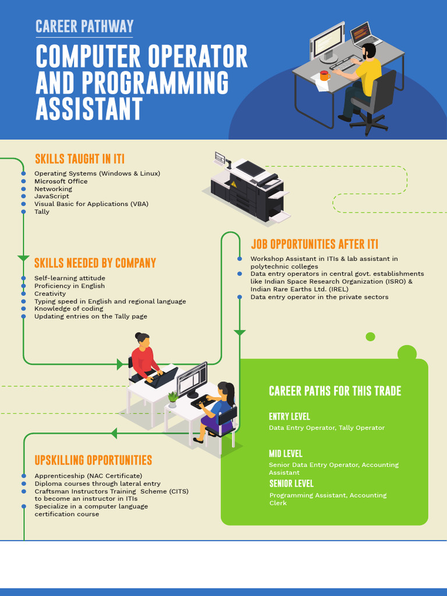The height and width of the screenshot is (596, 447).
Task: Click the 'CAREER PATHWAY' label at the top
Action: (84, 26)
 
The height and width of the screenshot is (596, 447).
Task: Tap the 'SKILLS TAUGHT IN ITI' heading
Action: (80, 159)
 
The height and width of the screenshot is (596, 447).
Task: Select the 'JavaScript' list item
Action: (52, 196)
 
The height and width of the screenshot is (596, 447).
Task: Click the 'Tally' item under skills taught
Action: (42, 211)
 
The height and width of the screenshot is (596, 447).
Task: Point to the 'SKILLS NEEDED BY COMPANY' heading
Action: (95, 263)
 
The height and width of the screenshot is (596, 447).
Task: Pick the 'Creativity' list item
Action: (50, 293)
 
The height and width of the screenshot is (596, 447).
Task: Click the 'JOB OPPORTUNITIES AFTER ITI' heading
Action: (314, 244)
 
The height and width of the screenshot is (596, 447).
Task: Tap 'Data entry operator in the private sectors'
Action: (319, 297)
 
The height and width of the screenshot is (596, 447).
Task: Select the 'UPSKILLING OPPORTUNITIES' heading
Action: (93, 460)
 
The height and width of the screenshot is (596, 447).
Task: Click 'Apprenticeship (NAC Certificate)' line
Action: (88, 476)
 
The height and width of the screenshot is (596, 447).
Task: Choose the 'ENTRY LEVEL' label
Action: (289, 416)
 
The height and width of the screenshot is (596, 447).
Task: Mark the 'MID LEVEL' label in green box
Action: (285, 453)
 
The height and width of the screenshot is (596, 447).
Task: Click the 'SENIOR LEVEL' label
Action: (291, 483)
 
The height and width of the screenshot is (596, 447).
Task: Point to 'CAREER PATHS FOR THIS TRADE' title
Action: (335, 391)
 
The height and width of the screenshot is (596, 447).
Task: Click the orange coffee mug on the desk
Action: (324, 76)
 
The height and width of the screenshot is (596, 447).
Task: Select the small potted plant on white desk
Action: (172, 399)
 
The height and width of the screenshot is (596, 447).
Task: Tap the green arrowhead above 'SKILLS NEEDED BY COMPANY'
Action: (23, 258)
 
